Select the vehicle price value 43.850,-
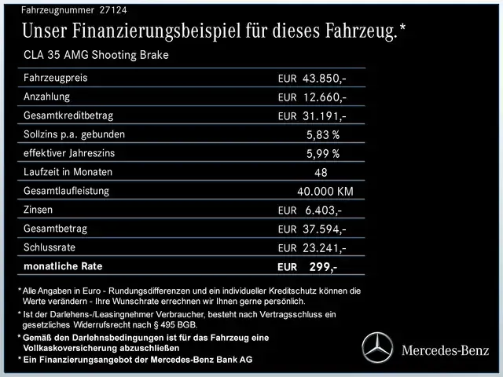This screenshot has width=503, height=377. tap(325, 79)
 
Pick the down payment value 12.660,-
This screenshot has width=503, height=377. tap(325, 97)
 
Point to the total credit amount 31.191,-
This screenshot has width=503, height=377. tap(325, 116)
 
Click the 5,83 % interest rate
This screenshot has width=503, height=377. tap(322, 135)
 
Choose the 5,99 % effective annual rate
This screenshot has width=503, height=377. tap(322, 154)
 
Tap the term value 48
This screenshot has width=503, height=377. tap(320, 173)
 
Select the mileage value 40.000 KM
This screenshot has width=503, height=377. tap(325, 192)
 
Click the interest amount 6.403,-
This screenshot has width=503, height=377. tap(322, 210)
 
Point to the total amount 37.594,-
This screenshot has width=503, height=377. tap(325, 229)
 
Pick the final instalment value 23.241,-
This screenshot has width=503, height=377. tap(325, 248)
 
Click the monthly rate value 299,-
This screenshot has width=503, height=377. tap(322, 267)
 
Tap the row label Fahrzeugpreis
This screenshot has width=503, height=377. tap(56, 78)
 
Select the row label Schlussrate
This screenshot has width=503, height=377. tap(51, 247)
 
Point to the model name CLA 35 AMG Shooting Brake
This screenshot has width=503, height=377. tap(95, 55)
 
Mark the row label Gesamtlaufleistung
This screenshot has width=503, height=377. tap(67, 191)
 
